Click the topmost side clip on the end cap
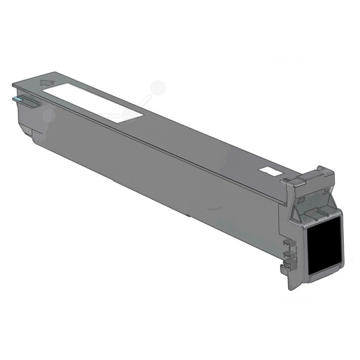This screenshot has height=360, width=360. [x=287, y=243]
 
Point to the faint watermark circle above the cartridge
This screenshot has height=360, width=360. [x=158, y=88]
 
